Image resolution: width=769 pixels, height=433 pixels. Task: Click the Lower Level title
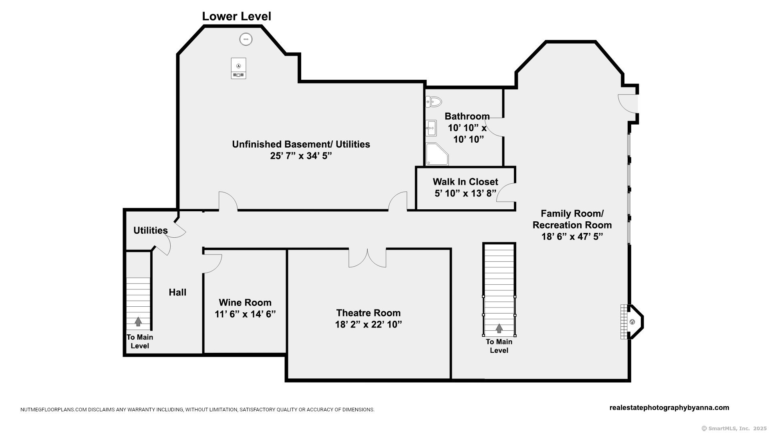(236, 16)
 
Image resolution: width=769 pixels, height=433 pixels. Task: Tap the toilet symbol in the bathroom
(434, 102)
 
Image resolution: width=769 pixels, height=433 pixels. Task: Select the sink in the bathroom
(431, 128)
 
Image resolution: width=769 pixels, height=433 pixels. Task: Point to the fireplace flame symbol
(632, 322)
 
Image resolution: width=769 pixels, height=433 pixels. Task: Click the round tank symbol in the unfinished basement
(246, 39)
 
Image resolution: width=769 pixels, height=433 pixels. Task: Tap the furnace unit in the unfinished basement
(238, 68)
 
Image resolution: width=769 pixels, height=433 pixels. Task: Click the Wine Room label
(245, 303)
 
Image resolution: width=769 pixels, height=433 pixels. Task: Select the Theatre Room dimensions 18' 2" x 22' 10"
(368, 324)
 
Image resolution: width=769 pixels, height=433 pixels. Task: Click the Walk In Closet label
(465, 182)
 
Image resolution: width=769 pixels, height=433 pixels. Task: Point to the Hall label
(177, 293)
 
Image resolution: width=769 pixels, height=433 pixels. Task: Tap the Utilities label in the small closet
(150, 231)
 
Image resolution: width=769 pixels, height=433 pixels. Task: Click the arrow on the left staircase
(138, 321)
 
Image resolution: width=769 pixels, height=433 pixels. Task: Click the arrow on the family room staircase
(499, 328)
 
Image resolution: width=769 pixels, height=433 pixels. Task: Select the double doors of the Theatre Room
(367, 258)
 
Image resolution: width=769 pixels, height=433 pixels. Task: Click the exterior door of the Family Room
(627, 103)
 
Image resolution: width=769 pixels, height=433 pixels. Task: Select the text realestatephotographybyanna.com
(669, 408)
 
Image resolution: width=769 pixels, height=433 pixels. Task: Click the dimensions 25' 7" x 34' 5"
(301, 156)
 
